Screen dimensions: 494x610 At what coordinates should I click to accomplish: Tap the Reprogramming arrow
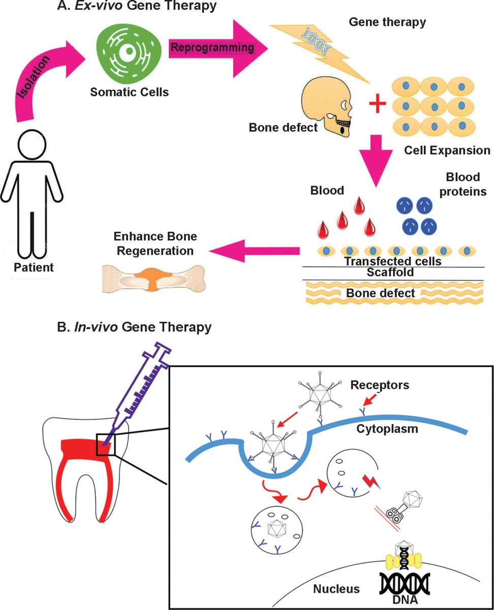[x=218, y=48]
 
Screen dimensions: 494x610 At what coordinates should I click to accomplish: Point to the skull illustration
[x=327, y=109]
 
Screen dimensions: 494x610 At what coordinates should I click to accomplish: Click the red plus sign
[x=378, y=103]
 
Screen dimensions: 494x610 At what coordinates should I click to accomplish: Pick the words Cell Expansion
[x=447, y=150]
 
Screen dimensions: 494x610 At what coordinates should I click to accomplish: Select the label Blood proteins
[x=463, y=185]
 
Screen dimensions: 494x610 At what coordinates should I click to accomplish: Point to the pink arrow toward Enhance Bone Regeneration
[x=254, y=251]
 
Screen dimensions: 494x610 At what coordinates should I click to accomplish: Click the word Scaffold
[x=390, y=272]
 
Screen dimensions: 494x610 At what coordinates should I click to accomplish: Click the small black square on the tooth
[x=106, y=444]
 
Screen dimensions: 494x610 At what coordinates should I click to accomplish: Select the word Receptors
[x=380, y=385]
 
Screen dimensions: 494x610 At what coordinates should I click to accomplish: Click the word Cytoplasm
[x=387, y=429]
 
